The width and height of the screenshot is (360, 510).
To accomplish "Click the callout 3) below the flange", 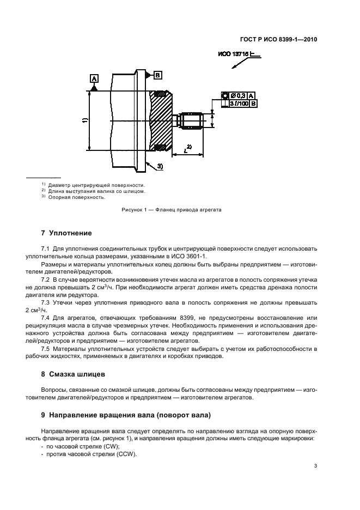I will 160,166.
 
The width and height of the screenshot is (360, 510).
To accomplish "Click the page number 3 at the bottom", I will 315,466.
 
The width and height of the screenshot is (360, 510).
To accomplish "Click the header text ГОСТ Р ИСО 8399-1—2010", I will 278,40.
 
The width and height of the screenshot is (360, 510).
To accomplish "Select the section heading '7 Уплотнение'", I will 63,233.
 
